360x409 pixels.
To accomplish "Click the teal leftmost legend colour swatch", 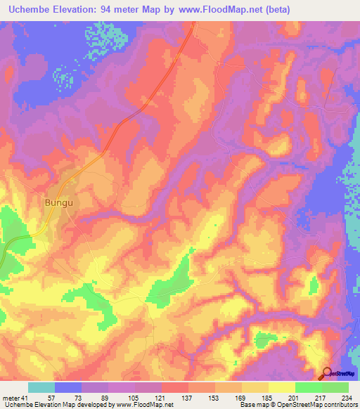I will (x=41, y=387).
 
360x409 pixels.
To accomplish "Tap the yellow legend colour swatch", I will (x=282, y=387).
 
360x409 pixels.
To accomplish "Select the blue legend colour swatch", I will (x=68, y=387).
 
